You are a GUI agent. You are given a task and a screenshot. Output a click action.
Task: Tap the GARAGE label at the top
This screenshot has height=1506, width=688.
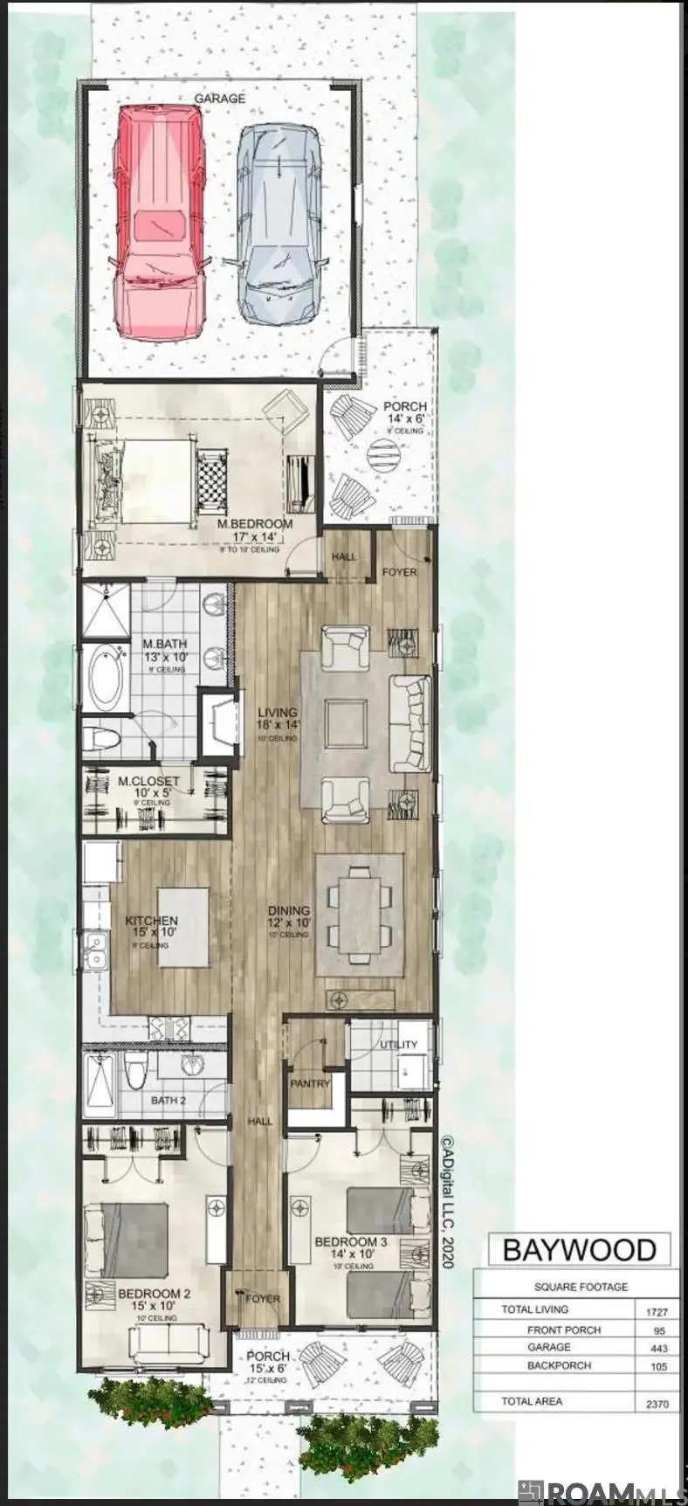[x=219, y=100]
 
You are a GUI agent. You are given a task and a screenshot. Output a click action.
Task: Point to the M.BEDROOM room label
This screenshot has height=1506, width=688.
[x=255, y=524]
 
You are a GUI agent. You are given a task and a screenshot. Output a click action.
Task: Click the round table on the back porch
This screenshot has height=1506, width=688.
[x=382, y=453]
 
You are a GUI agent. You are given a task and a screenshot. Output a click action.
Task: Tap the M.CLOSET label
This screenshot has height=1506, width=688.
[x=148, y=781]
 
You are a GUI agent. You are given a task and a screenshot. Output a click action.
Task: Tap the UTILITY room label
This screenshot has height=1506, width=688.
[x=398, y=1045]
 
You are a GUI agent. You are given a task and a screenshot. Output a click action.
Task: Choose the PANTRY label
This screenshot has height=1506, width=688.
[x=310, y=1084]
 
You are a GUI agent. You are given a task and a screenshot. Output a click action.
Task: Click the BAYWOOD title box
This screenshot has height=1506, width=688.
[x=579, y=1250]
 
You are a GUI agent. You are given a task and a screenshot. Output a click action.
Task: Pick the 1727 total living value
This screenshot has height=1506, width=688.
[x=655, y=1311]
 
